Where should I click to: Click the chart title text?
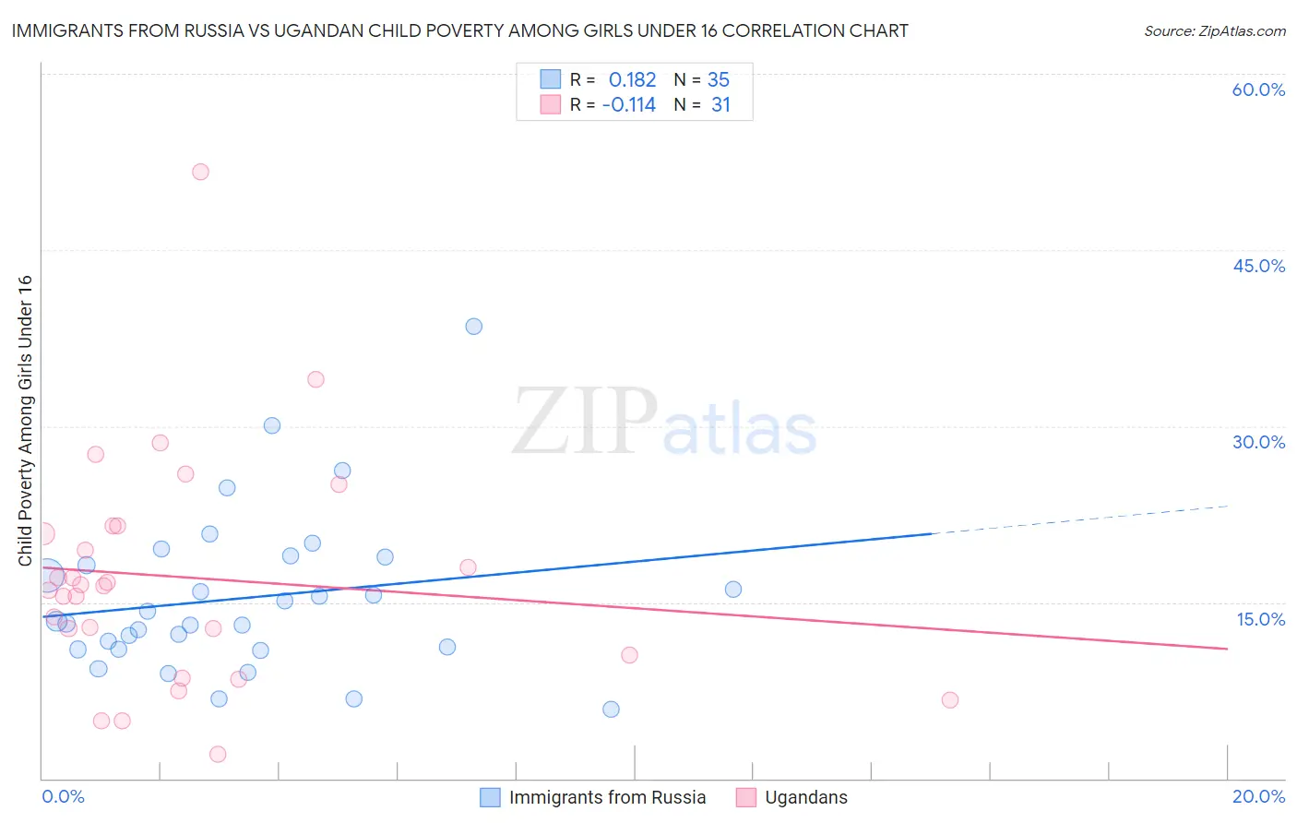459,30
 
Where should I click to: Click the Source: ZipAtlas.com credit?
1214,30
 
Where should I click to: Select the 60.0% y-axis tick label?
1258,89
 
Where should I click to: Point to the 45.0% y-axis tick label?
1258,266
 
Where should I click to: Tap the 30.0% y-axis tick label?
1258,442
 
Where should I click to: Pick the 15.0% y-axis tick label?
1260,619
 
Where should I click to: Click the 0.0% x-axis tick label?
63,796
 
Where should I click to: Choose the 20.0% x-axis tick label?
1258,796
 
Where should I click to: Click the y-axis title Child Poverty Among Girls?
25,421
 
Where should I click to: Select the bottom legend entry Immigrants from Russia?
607,797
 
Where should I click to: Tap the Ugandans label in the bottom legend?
805,797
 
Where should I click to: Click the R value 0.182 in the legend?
632,80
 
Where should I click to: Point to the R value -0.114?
628,105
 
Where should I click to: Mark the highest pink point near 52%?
200,172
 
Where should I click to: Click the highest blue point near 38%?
473,326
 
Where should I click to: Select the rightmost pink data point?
950,699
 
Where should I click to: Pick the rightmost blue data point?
733,589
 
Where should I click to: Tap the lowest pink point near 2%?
218,754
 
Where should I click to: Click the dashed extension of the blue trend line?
1079,519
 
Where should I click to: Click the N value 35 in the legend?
719,80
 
